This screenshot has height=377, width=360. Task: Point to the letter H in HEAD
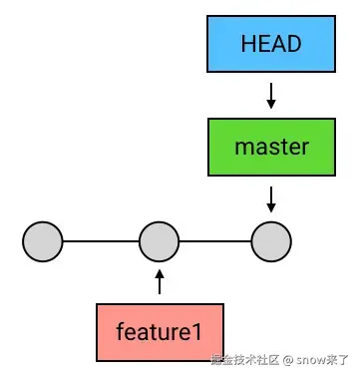247,45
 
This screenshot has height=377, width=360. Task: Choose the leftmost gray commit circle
43,241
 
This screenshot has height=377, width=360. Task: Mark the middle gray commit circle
159,241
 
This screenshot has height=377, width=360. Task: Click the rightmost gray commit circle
271,241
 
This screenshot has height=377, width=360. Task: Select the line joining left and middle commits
101,241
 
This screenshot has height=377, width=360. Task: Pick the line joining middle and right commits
215,241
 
